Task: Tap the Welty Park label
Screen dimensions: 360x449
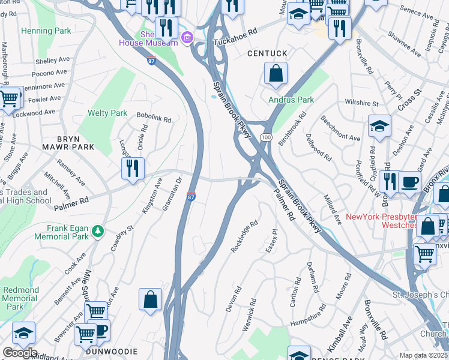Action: coord(107,113)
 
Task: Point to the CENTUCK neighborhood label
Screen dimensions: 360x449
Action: coord(267,54)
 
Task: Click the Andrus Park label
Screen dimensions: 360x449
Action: coord(283,100)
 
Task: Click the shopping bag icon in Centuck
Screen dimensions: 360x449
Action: coord(276,74)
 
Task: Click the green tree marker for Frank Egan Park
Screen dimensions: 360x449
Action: coord(97,230)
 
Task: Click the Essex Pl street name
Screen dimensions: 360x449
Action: coord(272,239)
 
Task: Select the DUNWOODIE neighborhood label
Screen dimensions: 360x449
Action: coord(112,351)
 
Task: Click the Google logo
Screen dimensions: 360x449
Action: coord(19,353)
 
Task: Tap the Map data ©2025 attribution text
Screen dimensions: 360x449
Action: coord(423,355)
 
